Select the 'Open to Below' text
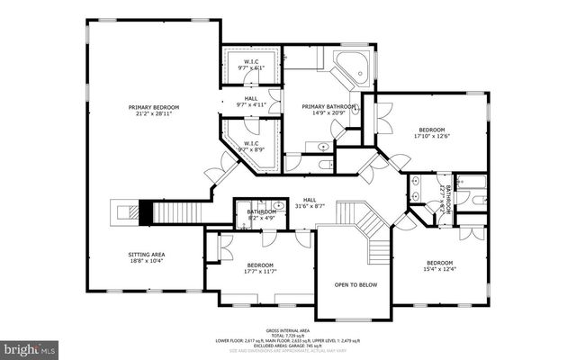click(x=355, y=285)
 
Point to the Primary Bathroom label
click(x=326, y=106)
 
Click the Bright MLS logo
click(x=30, y=346)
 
